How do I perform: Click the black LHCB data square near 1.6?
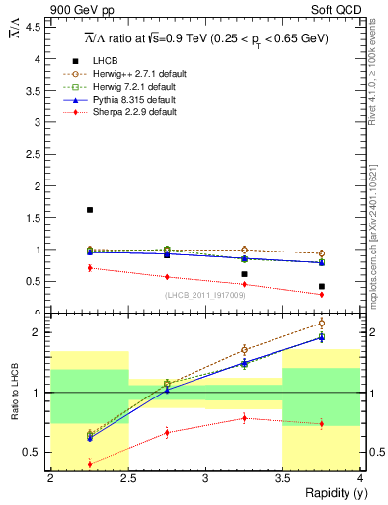pyautogui.click(x=90, y=210)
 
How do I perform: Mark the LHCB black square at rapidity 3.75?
pyautogui.click(x=322, y=286)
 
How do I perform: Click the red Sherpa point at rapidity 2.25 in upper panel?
pyautogui.click(x=90, y=267)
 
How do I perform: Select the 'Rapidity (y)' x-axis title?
pyautogui.click(x=330, y=493)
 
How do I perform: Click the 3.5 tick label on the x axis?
pyautogui.click(x=283, y=478)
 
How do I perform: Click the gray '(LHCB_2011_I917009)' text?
pyautogui.click(x=205, y=294)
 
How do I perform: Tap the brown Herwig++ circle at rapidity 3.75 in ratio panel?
pyautogui.click(x=322, y=323)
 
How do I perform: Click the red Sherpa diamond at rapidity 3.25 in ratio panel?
pyautogui.click(x=245, y=418)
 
